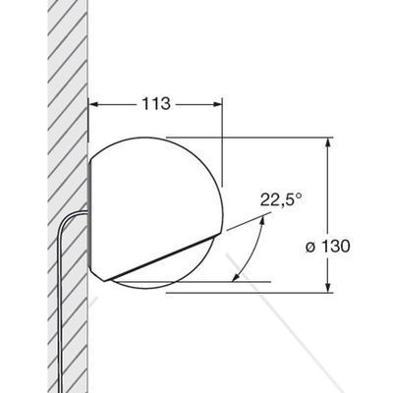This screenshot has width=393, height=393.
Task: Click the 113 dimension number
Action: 156,104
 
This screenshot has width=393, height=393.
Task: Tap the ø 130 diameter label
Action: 328,247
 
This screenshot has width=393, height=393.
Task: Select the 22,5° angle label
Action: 281,199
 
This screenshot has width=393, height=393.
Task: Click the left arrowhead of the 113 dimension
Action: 93,104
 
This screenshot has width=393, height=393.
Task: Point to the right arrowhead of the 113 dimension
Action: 217,104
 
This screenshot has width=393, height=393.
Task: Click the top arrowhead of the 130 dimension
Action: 327,142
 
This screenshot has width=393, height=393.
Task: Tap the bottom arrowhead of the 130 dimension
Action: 327,287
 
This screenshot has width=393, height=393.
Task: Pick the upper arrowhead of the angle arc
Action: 261,222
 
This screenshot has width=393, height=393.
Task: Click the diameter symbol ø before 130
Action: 310,248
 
